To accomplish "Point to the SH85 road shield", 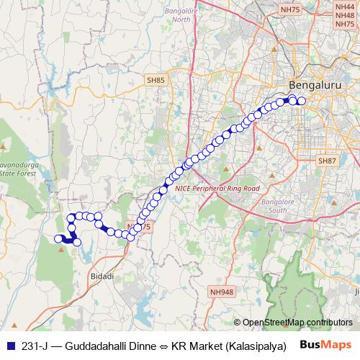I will pos(154,81).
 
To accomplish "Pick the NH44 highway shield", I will pos(344,5).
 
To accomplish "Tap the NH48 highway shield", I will pos(344,17).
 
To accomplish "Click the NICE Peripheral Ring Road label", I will pos(217,187).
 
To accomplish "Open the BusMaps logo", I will pos(329,345).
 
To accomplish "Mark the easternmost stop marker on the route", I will pos(302,102).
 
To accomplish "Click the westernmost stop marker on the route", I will pos(58,239).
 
